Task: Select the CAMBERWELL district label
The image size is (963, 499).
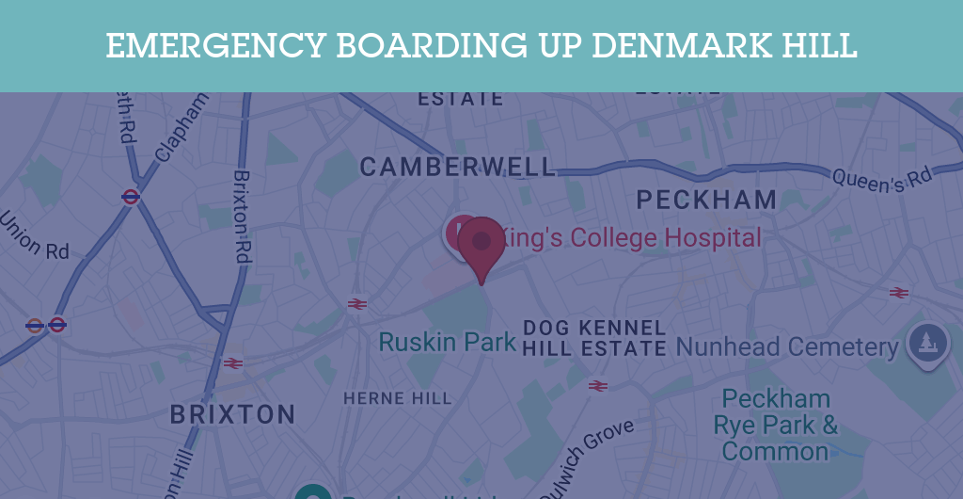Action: click(458, 168)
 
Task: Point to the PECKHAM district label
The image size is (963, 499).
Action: click(706, 200)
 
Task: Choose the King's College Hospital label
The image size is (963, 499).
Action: click(630, 238)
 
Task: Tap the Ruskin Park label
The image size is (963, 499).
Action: click(447, 341)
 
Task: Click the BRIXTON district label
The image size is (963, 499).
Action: click(232, 414)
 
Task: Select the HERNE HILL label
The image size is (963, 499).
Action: click(397, 398)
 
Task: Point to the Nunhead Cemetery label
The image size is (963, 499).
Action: click(787, 347)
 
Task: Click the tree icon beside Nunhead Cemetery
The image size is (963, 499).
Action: click(926, 342)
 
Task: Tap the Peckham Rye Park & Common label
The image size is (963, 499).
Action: click(776, 425)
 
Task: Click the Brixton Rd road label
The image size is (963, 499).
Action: click(242, 216)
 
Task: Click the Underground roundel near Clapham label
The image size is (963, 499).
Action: click(131, 197)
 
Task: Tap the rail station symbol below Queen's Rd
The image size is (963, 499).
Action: click(898, 293)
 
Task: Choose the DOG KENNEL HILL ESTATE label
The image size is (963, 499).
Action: click(594, 338)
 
